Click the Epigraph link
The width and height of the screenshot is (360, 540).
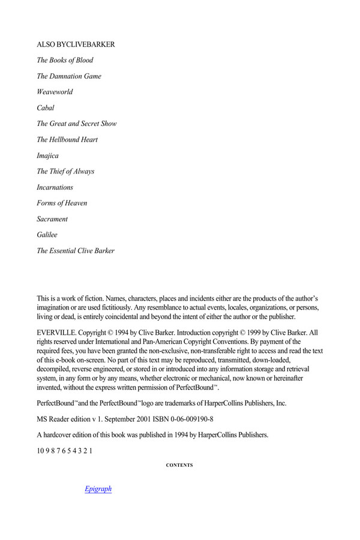(98, 489)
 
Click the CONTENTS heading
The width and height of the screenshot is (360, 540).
(179, 465)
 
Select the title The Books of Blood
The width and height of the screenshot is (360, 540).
(65, 61)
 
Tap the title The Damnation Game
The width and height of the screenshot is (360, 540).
(69, 76)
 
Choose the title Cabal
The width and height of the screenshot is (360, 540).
(46, 108)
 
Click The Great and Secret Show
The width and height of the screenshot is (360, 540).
(77, 124)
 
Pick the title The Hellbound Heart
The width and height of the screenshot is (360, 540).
(67, 140)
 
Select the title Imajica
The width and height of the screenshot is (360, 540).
(48, 155)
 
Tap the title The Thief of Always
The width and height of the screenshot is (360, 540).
(65, 171)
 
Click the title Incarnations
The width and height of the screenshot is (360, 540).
(55, 187)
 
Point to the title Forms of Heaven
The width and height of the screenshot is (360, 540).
(62, 203)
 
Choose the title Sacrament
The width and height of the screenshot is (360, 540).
(52, 219)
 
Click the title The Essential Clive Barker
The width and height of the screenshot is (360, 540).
(76, 251)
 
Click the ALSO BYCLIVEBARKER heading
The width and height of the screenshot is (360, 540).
(76, 45)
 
